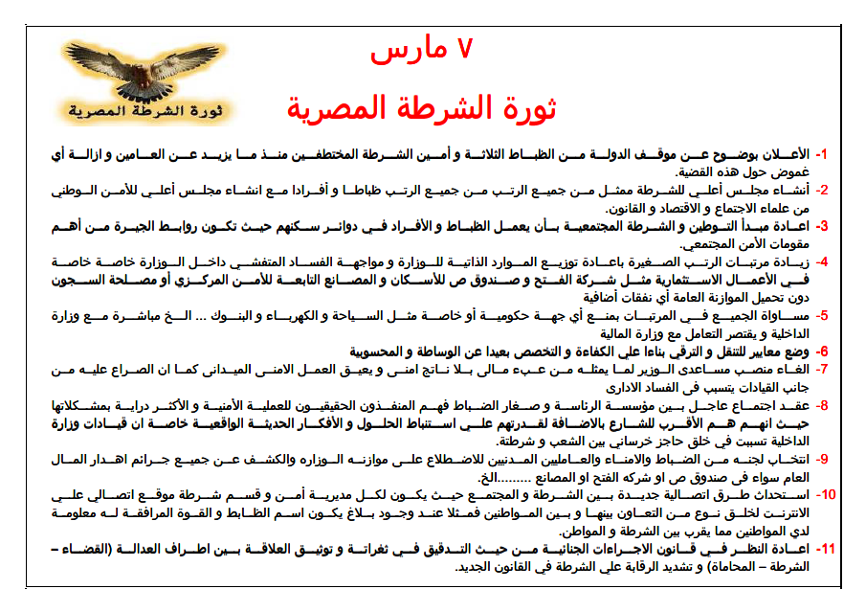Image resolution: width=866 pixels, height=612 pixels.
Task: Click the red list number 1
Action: pyautogui.click(x=821, y=154)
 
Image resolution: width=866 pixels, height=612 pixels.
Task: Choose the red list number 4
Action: pyautogui.click(x=821, y=261)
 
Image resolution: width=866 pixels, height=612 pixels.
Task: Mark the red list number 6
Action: pyautogui.click(x=821, y=351)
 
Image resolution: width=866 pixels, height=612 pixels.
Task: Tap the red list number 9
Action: pyautogui.click(x=821, y=457)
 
